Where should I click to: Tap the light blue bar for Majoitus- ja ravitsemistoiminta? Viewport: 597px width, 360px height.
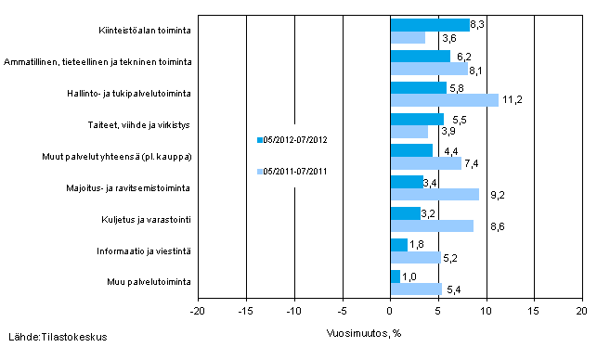[435, 194]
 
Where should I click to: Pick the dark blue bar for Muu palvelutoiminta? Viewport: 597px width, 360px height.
[396, 276]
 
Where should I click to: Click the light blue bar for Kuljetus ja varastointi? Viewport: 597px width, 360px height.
[432, 225]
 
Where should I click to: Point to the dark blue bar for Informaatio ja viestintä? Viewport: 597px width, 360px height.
[399, 245]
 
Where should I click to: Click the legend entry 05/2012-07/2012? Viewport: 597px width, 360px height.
[295, 140]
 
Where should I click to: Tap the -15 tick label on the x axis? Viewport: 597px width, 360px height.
[245, 312]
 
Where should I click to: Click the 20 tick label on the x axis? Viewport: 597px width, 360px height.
[581, 312]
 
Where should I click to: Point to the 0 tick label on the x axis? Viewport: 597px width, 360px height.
[391, 312]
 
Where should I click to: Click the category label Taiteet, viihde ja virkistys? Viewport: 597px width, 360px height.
[150, 124]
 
